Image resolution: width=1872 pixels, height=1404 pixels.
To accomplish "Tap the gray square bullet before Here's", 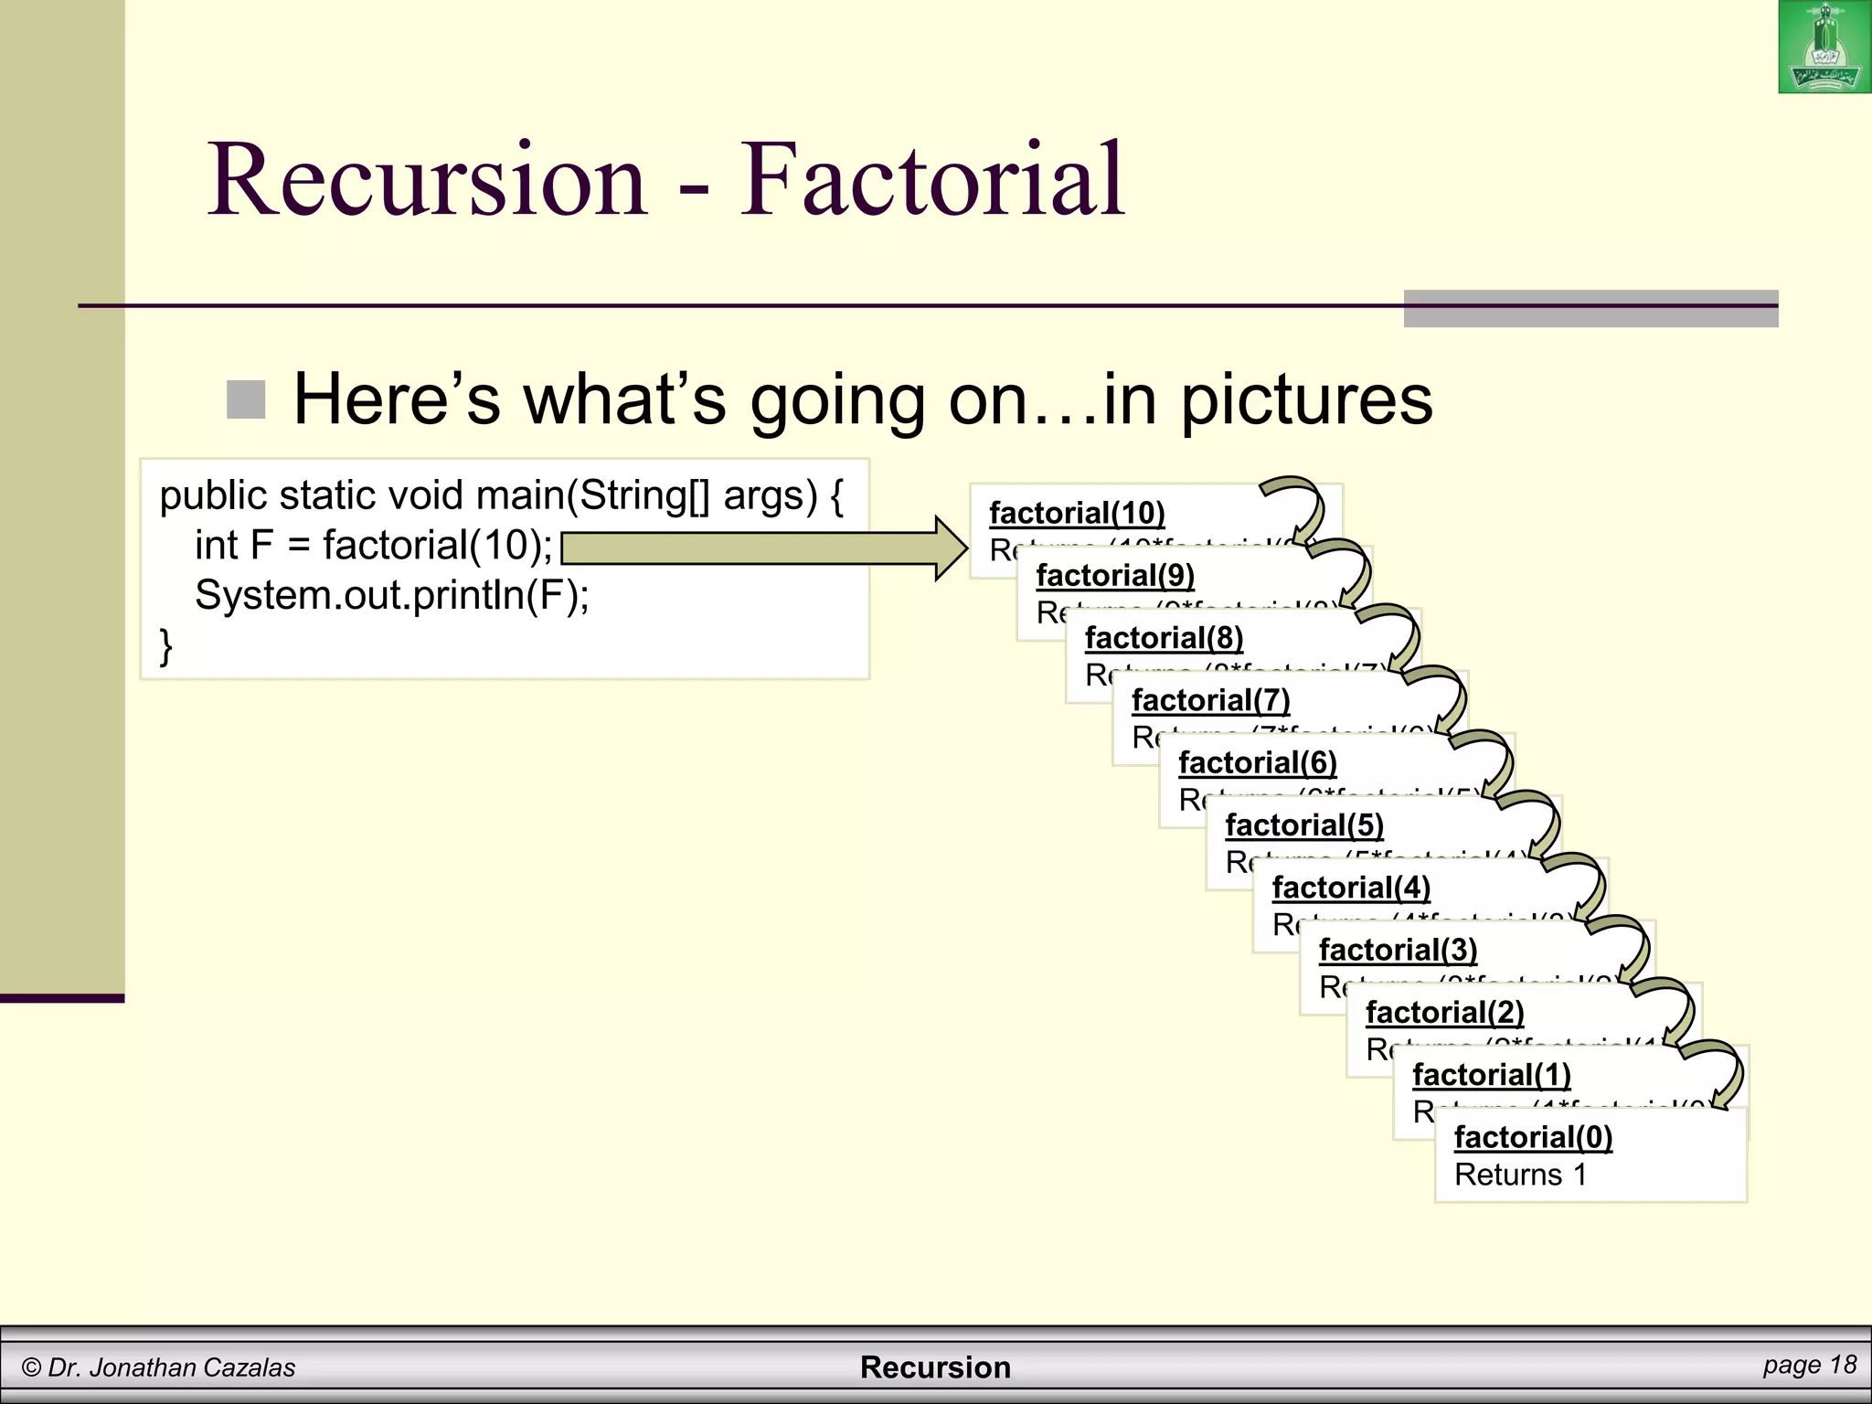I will click(x=246, y=399).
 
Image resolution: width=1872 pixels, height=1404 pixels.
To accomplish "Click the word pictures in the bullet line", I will click(x=1307, y=400).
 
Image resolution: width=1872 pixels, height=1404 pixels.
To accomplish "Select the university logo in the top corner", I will click(x=1824, y=48).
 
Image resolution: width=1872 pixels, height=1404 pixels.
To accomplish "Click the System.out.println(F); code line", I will click(x=392, y=595).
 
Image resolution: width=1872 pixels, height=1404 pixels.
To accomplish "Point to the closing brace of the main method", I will click(x=165, y=645).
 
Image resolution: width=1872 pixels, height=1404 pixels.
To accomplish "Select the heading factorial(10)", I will click(x=1077, y=513).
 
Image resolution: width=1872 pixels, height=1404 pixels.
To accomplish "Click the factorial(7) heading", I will click(x=1210, y=700).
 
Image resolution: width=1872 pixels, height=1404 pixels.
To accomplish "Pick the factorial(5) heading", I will click(x=1304, y=824).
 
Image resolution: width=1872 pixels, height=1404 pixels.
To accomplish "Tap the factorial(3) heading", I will click(x=1398, y=950).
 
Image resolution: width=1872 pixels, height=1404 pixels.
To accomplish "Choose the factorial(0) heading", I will click(x=1533, y=1137).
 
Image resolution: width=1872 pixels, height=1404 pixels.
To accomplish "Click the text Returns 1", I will click(x=1520, y=1175).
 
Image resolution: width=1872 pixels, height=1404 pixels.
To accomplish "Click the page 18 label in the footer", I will click(x=1809, y=1365).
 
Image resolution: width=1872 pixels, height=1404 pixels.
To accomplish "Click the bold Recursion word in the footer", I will click(x=935, y=1367).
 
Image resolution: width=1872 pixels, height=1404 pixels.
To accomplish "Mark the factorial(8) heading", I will click(x=1164, y=638).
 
